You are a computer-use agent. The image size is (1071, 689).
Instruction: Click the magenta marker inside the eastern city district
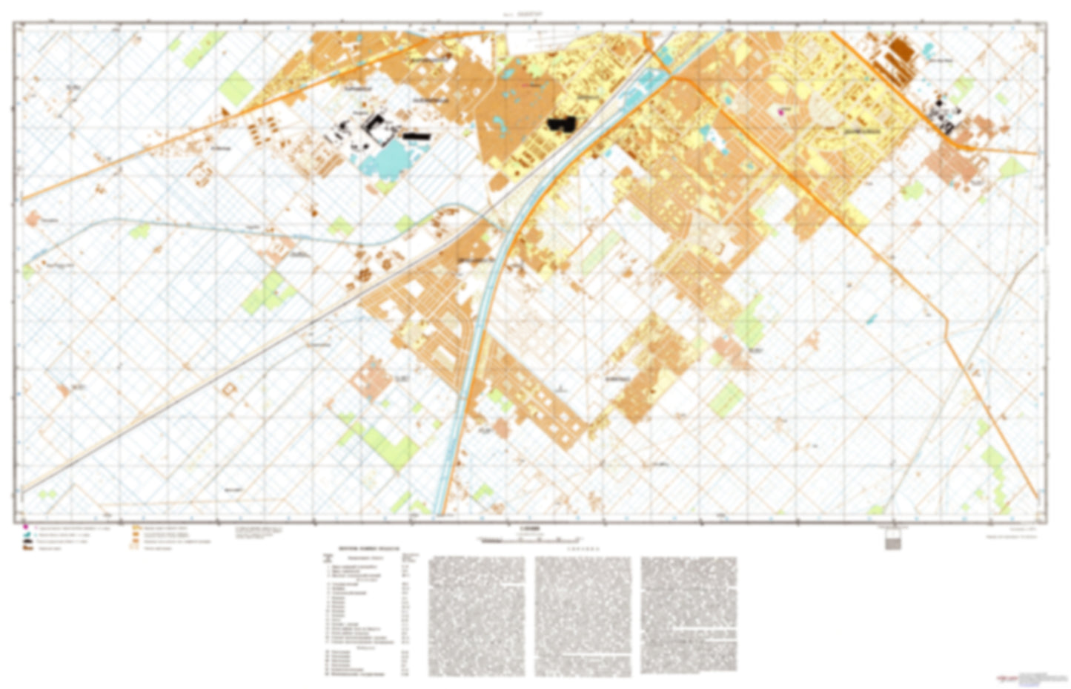click(x=781, y=113)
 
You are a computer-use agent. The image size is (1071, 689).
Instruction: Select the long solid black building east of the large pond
click(x=417, y=136)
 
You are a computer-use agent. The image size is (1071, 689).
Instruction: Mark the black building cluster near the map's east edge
click(x=945, y=116)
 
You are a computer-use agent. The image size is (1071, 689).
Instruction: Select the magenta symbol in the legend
click(x=25, y=530)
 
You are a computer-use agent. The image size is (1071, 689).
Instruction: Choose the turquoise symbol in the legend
click(x=25, y=536)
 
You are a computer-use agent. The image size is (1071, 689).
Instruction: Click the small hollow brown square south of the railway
click(x=228, y=388)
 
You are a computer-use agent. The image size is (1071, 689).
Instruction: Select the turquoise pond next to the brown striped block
click(x=927, y=51)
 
